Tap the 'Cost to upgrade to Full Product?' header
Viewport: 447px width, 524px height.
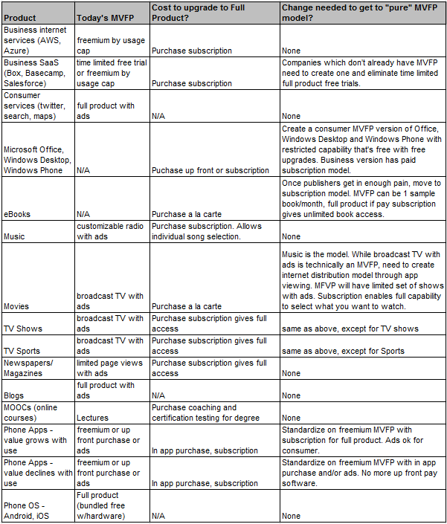click(x=209, y=11)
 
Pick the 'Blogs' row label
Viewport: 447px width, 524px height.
click(x=15, y=396)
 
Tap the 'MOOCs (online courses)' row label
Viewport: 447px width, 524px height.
click(x=30, y=413)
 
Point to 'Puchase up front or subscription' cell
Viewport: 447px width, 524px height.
click(x=210, y=170)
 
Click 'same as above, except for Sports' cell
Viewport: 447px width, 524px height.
click(x=343, y=350)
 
